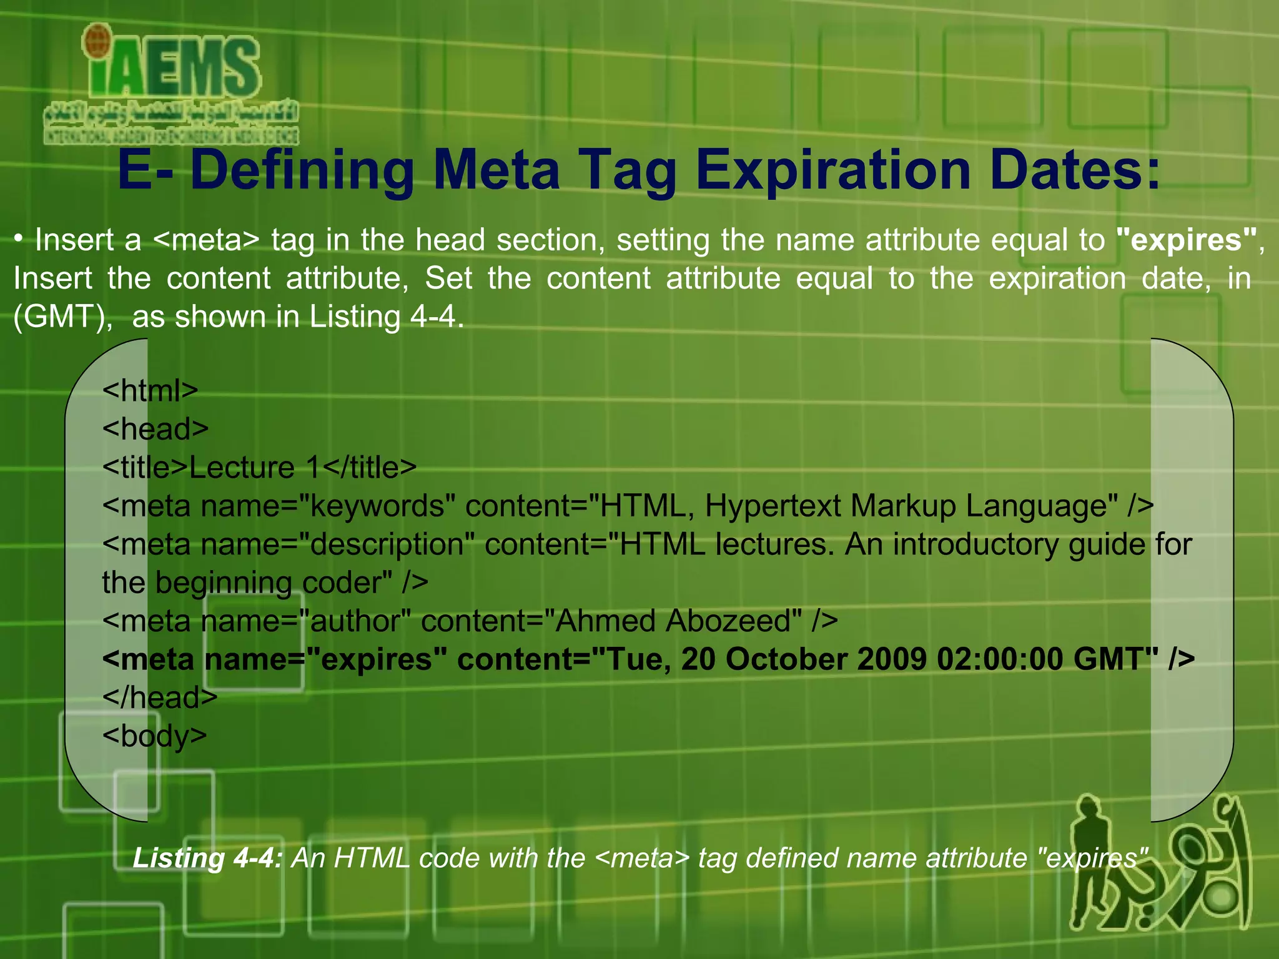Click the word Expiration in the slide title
(833, 170)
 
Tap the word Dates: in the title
(1075, 170)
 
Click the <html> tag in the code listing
(150, 391)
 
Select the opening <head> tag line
(156, 429)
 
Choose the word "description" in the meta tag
(387, 544)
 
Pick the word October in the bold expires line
(787, 659)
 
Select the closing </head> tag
(160, 697)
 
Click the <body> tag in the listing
(154, 736)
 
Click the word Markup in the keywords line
(903, 506)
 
